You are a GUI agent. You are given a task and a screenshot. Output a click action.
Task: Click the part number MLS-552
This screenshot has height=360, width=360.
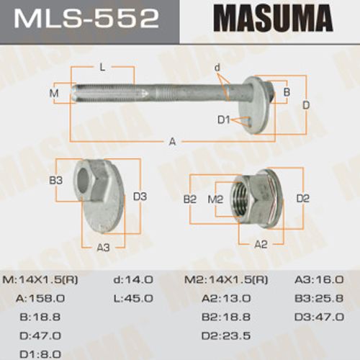pos(86,19)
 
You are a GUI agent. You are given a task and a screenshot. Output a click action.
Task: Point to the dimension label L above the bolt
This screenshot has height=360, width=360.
pos(102,68)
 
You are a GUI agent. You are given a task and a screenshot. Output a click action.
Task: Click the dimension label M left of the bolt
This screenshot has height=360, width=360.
pos(54,93)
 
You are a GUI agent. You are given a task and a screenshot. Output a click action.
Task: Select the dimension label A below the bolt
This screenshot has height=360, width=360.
pos(172,142)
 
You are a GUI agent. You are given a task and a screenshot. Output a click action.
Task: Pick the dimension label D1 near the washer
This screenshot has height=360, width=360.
pos(224,120)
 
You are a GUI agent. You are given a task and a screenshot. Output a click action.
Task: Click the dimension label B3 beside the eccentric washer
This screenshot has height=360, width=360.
pos(56,181)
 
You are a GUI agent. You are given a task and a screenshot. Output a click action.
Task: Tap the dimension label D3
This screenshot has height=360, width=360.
pos(140,197)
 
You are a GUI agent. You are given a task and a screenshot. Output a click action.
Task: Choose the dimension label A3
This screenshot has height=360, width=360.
pos(103,248)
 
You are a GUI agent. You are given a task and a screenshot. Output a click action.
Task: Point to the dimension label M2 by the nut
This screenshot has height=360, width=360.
pos(215,199)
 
